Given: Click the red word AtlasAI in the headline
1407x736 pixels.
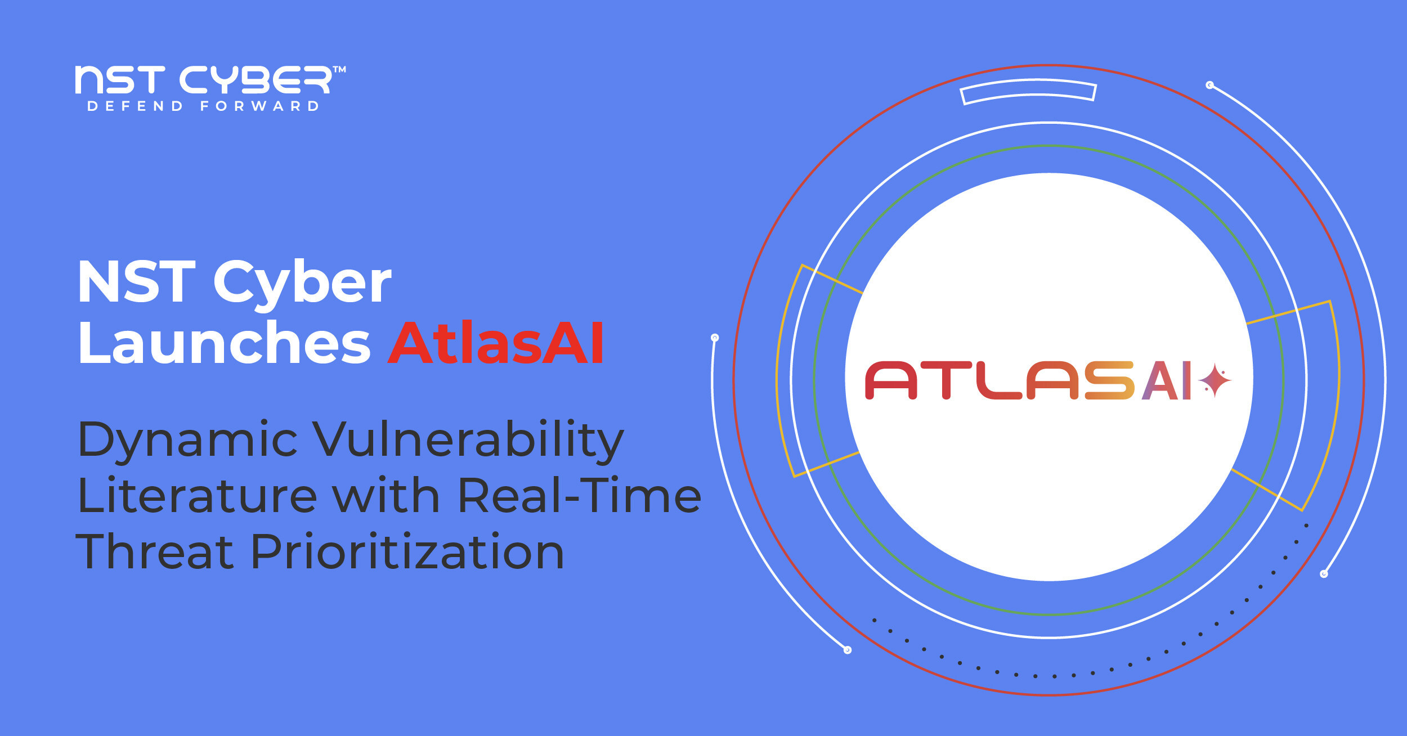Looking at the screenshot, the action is [x=496, y=343].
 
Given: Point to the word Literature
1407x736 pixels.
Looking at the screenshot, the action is [x=198, y=495].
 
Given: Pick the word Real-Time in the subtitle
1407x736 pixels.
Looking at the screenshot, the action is [x=580, y=495].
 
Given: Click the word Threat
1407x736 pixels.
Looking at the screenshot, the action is [x=154, y=551].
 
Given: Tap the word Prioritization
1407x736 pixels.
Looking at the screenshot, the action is [x=407, y=551].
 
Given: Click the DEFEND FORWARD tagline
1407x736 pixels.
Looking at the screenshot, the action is [x=203, y=106].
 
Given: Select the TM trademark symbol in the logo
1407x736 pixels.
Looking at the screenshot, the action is [x=339, y=70].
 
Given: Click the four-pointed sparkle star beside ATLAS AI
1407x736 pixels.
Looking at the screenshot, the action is [x=1215, y=381].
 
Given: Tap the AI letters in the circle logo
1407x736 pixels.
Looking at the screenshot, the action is [x=1167, y=381].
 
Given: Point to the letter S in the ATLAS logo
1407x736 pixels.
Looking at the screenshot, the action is [x=1109, y=381].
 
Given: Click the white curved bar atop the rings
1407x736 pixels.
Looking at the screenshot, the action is [x=1028, y=91].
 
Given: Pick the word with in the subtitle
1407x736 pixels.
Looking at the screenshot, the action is [x=386, y=495].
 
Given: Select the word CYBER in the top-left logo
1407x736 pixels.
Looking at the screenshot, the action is [x=255, y=80].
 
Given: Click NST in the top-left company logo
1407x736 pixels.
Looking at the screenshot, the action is [x=120, y=80].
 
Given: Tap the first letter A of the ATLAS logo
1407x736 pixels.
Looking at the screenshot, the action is [x=891, y=381].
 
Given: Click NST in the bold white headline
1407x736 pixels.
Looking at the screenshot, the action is [x=137, y=281].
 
